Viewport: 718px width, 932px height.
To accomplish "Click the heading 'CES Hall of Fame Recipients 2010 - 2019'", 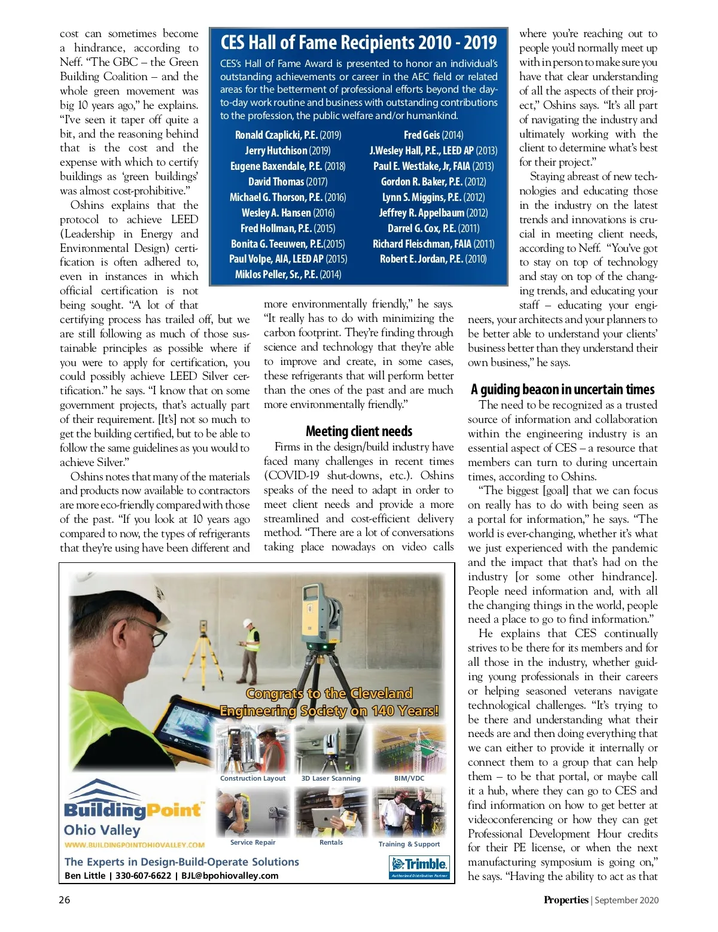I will (358, 42).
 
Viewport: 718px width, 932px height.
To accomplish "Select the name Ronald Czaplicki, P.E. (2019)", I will (288, 135).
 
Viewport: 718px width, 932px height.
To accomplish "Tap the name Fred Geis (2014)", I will (433, 135).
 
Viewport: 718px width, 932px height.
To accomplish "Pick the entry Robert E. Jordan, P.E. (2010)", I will (433, 259).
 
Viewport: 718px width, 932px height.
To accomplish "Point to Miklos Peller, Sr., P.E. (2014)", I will (288, 275).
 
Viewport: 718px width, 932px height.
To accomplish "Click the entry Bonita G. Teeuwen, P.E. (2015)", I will (288, 243).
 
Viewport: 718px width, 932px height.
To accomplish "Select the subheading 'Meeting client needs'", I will (358, 431).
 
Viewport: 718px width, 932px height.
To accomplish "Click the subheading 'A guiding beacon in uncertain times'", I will (562, 390).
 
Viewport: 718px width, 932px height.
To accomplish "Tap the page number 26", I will (65, 900).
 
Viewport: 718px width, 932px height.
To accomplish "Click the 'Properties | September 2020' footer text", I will (601, 900).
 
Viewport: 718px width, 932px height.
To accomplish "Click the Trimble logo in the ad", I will (419, 864).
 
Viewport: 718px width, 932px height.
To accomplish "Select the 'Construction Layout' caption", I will (252, 778).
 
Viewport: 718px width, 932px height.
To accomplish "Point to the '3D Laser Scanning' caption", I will (331, 778).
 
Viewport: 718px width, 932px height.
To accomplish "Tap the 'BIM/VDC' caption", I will (409, 778).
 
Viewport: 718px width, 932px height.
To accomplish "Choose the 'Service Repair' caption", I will (252, 842).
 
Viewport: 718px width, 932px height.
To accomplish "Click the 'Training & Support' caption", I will (409, 844).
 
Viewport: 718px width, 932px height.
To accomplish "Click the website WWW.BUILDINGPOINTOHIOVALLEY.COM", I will (135, 845).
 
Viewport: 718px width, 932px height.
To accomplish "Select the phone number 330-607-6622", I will (143, 876).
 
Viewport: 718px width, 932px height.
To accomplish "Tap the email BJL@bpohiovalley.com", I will (230, 876).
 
